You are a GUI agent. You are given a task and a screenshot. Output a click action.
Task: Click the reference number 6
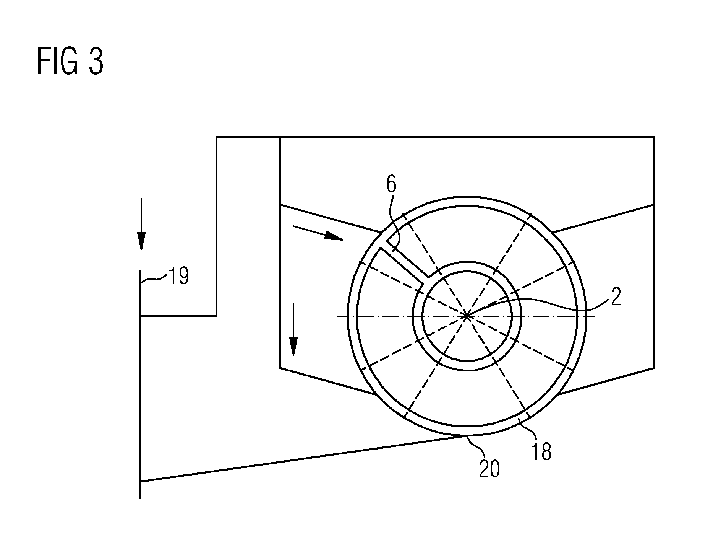tap(391, 185)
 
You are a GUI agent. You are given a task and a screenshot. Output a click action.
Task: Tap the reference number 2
tap(616, 297)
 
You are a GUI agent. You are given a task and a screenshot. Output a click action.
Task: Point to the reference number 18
tap(541, 452)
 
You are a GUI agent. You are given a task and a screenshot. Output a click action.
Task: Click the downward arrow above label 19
tap(141, 224)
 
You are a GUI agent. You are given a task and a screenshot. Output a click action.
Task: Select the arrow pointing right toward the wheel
tap(318, 233)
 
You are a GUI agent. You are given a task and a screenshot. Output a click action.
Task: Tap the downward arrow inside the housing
tap(293, 329)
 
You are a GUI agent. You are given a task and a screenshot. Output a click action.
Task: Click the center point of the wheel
tap(467, 316)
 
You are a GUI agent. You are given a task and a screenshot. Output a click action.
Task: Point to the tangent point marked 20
tap(467, 435)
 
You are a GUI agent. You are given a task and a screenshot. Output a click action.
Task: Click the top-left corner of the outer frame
tap(216, 137)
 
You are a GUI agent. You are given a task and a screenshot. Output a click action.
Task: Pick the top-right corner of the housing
tap(654, 137)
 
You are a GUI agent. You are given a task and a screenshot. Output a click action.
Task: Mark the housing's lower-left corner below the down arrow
tap(280, 368)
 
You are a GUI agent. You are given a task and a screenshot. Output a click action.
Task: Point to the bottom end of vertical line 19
tap(141, 499)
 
